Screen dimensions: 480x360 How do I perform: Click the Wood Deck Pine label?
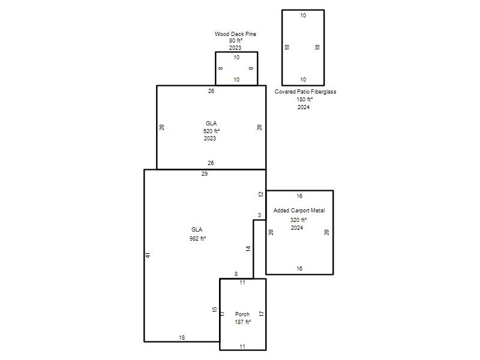(235, 34)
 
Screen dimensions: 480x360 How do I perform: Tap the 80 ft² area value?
(236, 41)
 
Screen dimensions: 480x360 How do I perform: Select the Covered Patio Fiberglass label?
(305, 92)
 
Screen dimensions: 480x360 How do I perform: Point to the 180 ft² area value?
(304, 100)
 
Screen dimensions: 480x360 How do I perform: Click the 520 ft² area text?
(212, 131)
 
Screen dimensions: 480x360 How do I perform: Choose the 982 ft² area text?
(197, 238)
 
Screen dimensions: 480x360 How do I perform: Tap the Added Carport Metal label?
(299, 211)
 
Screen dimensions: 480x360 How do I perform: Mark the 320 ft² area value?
(298, 220)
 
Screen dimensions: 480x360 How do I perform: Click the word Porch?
(242, 314)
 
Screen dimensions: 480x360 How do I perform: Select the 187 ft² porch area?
(243, 322)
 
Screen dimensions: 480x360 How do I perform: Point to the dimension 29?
(205, 174)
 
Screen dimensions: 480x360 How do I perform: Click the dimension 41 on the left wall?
(148, 255)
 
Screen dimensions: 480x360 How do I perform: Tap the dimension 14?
(248, 248)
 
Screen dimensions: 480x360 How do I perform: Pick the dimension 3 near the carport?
(260, 215)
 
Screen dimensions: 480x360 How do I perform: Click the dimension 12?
(261, 194)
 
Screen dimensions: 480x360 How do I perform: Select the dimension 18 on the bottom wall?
(182, 338)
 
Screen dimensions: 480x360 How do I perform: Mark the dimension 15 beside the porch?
(215, 310)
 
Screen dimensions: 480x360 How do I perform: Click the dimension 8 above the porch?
(236, 274)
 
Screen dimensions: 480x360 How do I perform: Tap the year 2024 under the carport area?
(297, 228)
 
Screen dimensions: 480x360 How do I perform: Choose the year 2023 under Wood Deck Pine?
(235, 48)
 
